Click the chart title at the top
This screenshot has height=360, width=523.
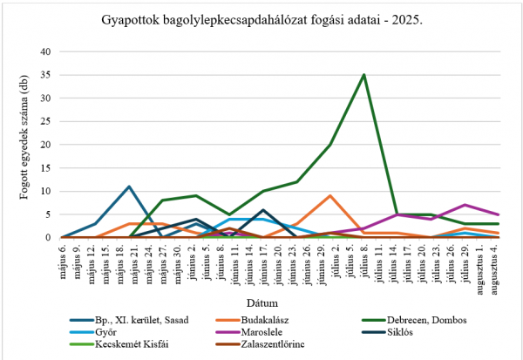[x=261, y=18]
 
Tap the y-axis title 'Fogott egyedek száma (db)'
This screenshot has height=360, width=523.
[x=24, y=144]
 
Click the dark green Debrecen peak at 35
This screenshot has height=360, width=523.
[x=363, y=75]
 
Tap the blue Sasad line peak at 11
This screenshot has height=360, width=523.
[x=129, y=187]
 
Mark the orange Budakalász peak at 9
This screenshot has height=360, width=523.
[x=330, y=195]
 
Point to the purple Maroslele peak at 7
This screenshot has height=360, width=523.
[x=466, y=205]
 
